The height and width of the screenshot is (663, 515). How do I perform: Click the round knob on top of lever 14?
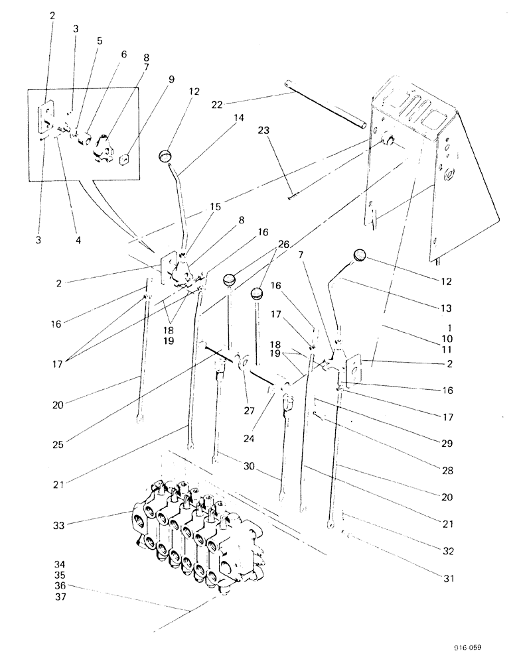pos(166,156)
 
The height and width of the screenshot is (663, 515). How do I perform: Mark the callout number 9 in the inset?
pos(171,79)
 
